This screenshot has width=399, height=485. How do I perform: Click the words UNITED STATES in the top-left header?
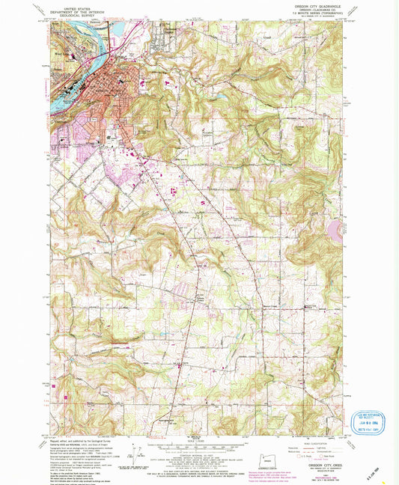coord(75,6)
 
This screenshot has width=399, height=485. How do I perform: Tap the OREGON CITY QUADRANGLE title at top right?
coord(321,7)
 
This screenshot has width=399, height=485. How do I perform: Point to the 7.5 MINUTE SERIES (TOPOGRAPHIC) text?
coord(321,14)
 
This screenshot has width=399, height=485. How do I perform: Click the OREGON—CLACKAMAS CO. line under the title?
coord(321,10)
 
